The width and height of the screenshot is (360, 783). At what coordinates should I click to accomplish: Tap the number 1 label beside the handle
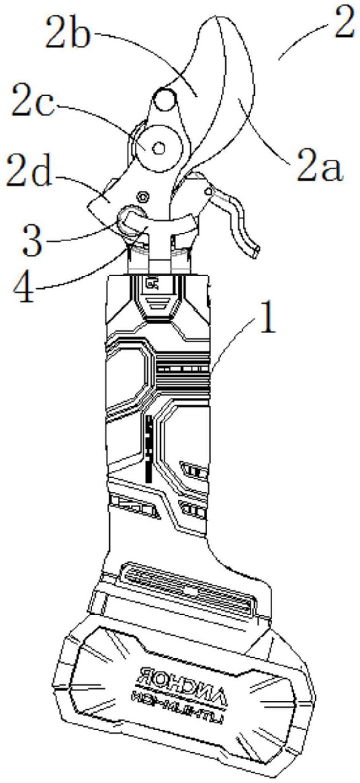265,322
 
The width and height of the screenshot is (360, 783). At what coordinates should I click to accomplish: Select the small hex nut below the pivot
143,196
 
